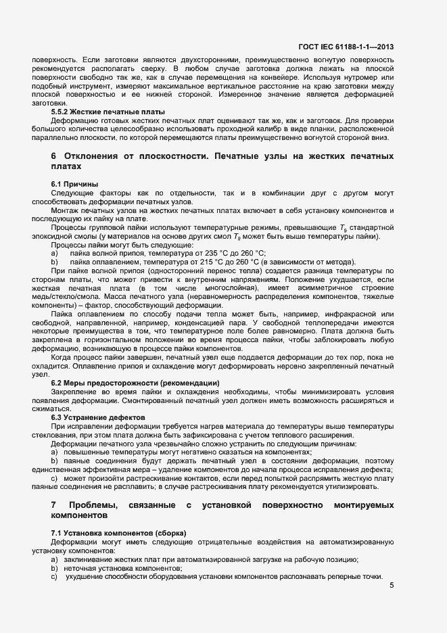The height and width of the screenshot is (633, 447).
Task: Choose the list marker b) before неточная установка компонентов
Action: click(x=54, y=568)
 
